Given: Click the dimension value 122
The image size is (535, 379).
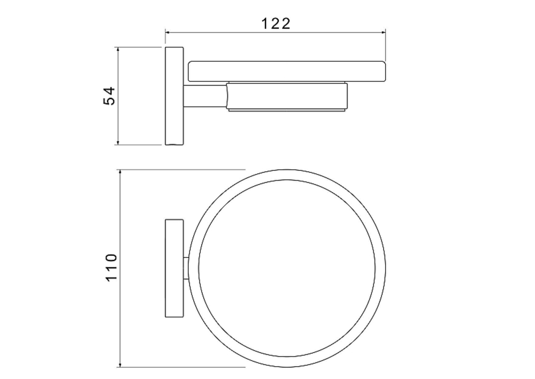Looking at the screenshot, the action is (276, 24).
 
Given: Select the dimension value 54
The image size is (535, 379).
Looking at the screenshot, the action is (110, 96).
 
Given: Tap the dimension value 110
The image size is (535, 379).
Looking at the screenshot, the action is (112, 267).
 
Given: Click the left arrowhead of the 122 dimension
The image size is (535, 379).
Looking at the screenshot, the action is (168, 33).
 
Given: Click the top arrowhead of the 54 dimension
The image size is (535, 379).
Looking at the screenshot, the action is (118, 50).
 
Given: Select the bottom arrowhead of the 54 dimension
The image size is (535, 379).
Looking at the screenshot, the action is (118, 142).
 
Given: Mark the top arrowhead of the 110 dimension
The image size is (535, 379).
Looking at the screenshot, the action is (120, 172).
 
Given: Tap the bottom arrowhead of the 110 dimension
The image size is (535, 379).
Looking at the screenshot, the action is (120, 365).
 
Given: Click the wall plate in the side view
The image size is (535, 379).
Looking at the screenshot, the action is (174, 96).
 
